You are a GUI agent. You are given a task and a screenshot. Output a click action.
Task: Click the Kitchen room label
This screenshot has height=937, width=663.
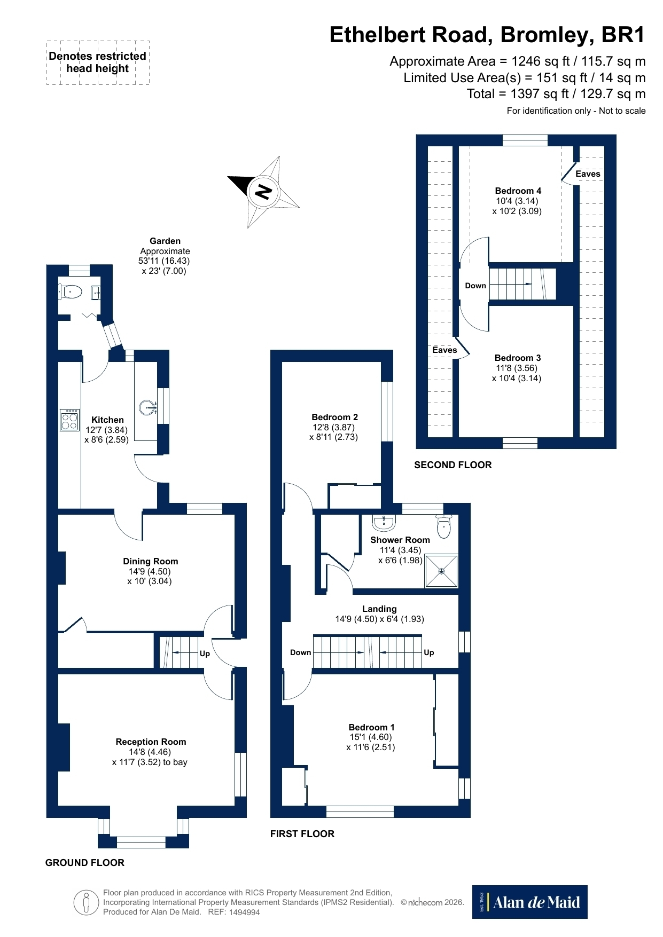(x=107, y=420)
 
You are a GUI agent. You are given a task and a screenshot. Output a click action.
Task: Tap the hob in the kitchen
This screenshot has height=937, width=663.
(x=69, y=420)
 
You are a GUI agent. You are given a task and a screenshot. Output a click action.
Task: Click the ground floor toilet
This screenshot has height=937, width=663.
(x=69, y=292)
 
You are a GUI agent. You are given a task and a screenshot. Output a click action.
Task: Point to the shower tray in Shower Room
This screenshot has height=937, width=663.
(x=442, y=571)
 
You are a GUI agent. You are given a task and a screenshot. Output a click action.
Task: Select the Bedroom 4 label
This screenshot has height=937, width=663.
(x=518, y=191)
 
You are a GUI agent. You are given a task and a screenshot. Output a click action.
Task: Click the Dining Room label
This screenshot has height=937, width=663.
(x=151, y=561)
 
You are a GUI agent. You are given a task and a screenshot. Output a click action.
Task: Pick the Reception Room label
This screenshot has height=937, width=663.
(x=151, y=742)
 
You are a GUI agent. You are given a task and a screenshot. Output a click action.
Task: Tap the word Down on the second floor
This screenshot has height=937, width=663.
(x=475, y=286)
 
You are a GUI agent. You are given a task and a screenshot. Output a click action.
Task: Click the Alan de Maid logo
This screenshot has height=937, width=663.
(x=529, y=902)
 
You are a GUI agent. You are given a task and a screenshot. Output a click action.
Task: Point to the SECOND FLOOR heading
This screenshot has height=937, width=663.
(x=453, y=465)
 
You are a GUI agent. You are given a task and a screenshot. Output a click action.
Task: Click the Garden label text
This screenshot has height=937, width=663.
(x=165, y=241)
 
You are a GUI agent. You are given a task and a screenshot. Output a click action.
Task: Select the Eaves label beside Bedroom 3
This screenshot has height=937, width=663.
(x=444, y=350)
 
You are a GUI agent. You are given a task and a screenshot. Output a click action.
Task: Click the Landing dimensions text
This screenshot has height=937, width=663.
(x=379, y=619)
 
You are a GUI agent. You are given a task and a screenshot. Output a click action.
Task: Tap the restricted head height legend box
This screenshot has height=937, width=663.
(x=98, y=62)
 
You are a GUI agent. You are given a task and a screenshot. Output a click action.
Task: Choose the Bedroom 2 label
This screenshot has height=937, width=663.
(x=335, y=417)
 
